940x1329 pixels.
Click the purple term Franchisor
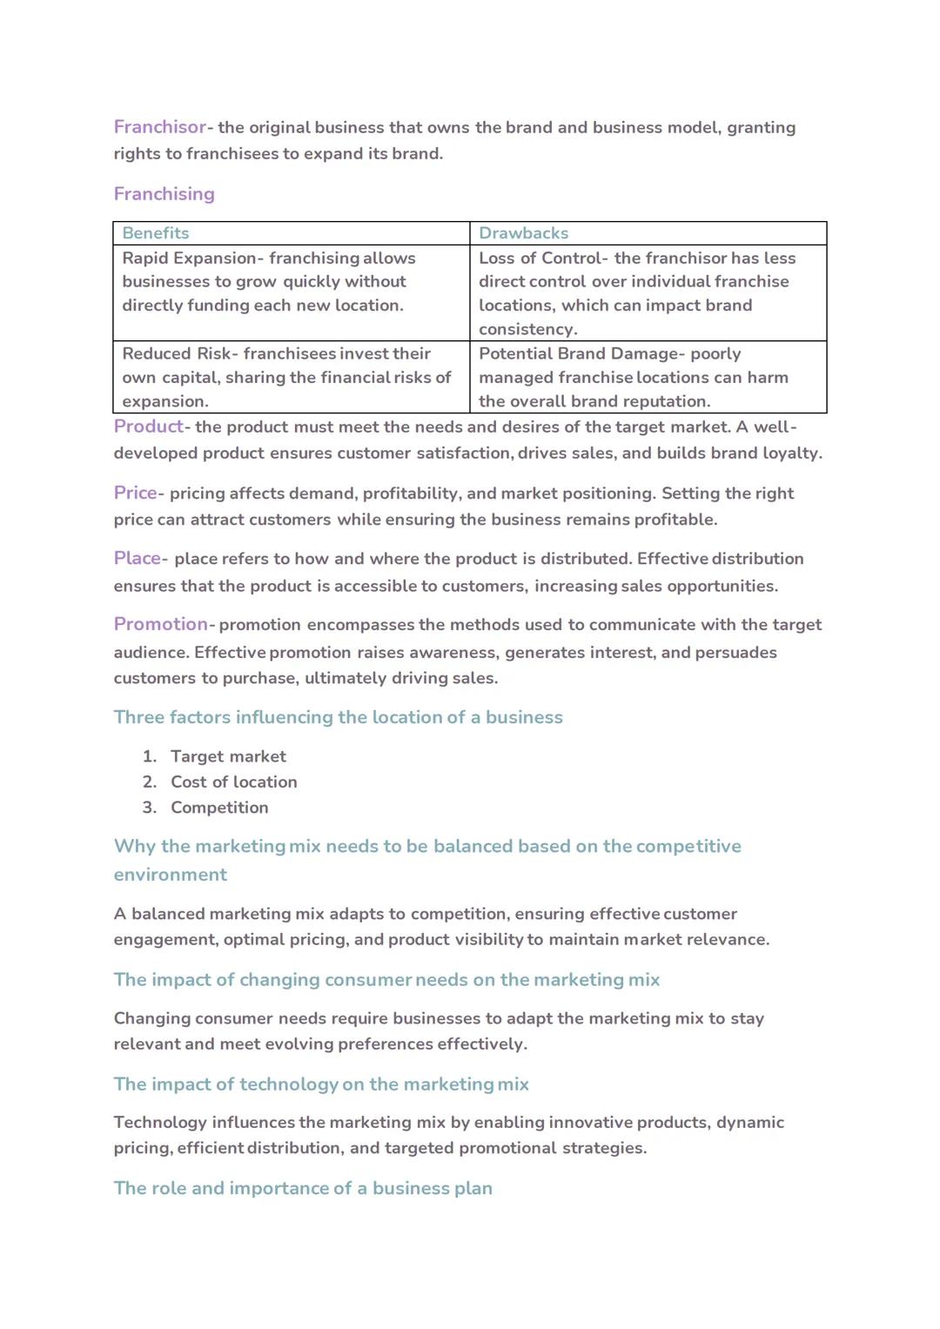[x=159, y=127]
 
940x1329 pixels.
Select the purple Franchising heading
[x=164, y=194]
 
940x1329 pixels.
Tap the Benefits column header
[x=156, y=233]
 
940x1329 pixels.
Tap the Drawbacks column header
[x=523, y=233]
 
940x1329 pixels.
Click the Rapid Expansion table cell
[x=291, y=282]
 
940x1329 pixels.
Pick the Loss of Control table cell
[x=648, y=293]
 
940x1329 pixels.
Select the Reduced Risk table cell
[x=291, y=378]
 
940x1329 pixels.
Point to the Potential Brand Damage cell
[x=648, y=378]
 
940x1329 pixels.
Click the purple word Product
[x=148, y=426]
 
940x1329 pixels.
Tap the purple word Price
[x=135, y=493]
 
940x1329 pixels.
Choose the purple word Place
[x=138, y=558]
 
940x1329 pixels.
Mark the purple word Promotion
[x=160, y=624]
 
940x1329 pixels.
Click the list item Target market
[x=228, y=756]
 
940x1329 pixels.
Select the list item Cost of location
[x=233, y=782]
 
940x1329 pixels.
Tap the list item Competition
[x=219, y=808]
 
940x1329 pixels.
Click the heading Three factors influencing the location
[x=338, y=717]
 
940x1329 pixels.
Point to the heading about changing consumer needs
[x=386, y=980]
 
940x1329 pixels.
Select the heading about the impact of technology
[x=321, y=1084]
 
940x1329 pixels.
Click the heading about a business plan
[x=303, y=1189]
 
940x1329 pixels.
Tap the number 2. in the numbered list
[x=150, y=782]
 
